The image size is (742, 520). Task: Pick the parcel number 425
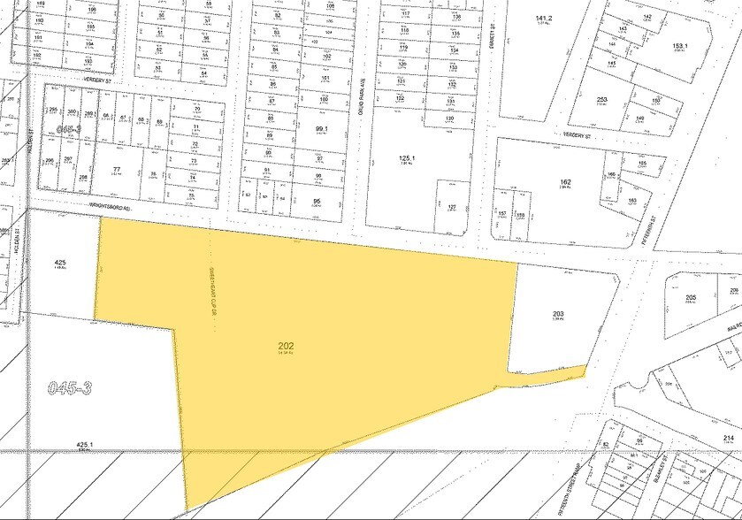point(60,263)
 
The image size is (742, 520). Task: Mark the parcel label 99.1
point(321,129)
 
